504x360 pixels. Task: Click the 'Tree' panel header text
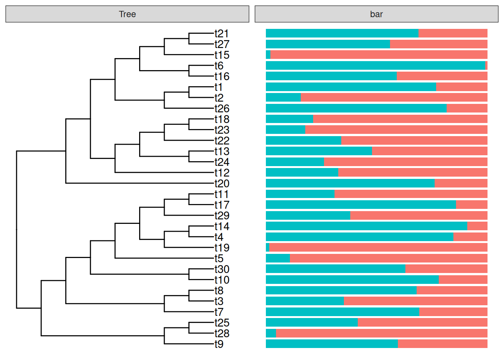pyautogui.click(x=127, y=14)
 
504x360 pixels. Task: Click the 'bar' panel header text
pyautogui.click(x=376, y=14)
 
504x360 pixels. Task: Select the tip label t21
pyautogui.click(x=222, y=33)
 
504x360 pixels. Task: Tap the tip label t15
pyautogui.click(x=222, y=55)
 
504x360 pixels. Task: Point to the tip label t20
pyautogui.click(x=222, y=183)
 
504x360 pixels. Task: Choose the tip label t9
pyautogui.click(x=219, y=344)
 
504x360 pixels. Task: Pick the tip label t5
pyautogui.click(x=219, y=258)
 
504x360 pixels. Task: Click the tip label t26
pyautogui.click(x=222, y=109)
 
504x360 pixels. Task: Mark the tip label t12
pyautogui.click(x=222, y=173)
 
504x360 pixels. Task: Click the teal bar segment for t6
pyautogui.click(x=375, y=66)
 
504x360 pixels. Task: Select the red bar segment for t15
pyautogui.click(x=379, y=55)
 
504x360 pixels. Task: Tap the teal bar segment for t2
pyautogui.click(x=283, y=97)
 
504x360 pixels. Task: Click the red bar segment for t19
pyautogui.click(x=378, y=247)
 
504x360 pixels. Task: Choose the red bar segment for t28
pyautogui.click(x=381, y=333)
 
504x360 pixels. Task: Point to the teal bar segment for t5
pyautogui.click(x=278, y=258)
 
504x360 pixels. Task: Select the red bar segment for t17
pyautogui.click(x=471, y=205)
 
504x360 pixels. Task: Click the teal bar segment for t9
pyautogui.click(x=332, y=344)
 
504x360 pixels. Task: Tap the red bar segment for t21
pyautogui.click(x=453, y=33)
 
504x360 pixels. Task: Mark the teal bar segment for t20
pyautogui.click(x=350, y=183)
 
